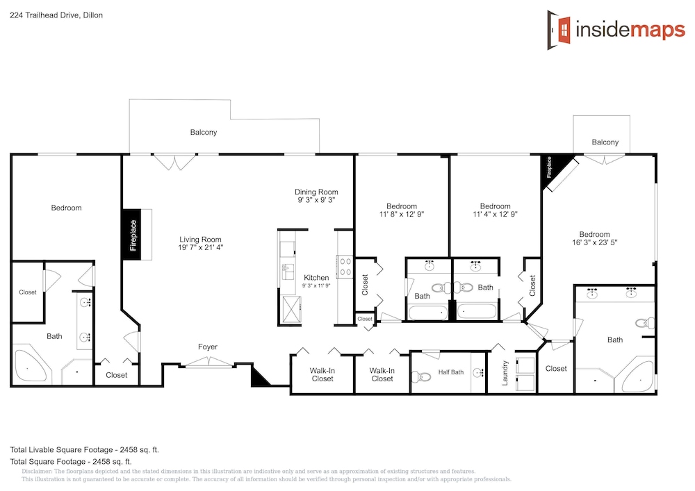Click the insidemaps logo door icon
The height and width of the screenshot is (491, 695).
[559, 30]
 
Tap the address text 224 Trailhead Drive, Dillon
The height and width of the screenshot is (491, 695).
[56, 15]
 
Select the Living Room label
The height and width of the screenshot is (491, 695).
[200, 240]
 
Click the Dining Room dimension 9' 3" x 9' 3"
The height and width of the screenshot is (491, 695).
[316, 200]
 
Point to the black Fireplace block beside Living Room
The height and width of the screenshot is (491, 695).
[132, 235]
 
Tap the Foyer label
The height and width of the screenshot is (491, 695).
[207, 347]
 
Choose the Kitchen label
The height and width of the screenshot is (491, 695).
[316, 278]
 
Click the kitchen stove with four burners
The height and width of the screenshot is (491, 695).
[345, 267]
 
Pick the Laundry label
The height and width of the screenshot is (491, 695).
[505, 373]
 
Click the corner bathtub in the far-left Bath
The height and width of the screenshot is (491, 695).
[30, 367]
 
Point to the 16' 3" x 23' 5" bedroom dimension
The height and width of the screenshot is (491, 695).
[594, 242]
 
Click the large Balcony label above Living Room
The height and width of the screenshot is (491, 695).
[204, 132]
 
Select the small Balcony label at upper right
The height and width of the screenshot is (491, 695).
[605, 142]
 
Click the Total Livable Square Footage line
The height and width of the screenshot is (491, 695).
[85, 450]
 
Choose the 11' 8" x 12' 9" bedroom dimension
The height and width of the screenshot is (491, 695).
[402, 214]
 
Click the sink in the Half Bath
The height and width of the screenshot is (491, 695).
[478, 373]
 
